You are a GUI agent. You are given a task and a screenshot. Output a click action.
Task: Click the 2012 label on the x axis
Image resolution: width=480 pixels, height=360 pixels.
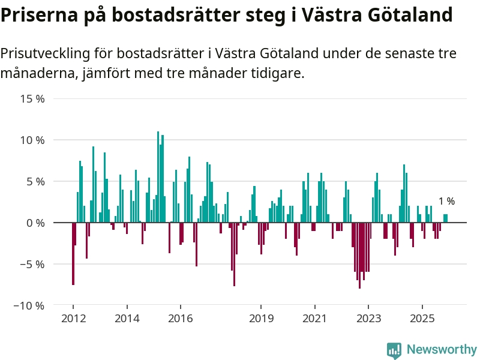tap(73, 318)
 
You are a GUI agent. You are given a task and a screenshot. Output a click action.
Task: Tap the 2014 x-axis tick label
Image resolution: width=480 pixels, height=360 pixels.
tap(127, 318)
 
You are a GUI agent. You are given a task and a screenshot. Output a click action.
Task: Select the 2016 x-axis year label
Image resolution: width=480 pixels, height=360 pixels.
tap(181, 318)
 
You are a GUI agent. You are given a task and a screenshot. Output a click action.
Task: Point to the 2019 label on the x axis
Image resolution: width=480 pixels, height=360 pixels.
tap(261, 318)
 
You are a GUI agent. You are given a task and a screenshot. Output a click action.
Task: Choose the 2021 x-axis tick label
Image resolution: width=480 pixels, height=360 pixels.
tap(315, 318)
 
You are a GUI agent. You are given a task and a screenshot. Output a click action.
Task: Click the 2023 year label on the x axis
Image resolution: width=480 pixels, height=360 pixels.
tap(369, 318)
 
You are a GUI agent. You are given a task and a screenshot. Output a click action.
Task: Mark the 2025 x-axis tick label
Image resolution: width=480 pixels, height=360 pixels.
tap(422, 318)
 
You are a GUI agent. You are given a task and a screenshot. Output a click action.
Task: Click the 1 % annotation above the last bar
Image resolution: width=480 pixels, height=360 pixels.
tap(446, 202)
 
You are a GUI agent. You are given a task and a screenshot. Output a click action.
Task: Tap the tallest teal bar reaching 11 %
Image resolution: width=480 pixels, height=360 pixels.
tap(158, 177)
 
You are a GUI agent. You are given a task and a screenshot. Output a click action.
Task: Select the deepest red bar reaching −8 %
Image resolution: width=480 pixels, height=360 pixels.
tap(359, 255)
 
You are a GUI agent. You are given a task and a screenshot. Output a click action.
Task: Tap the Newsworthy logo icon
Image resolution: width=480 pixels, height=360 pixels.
tap(394, 350)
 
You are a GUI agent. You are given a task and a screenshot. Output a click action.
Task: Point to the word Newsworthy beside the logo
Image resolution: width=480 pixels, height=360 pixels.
tap(441, 350)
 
